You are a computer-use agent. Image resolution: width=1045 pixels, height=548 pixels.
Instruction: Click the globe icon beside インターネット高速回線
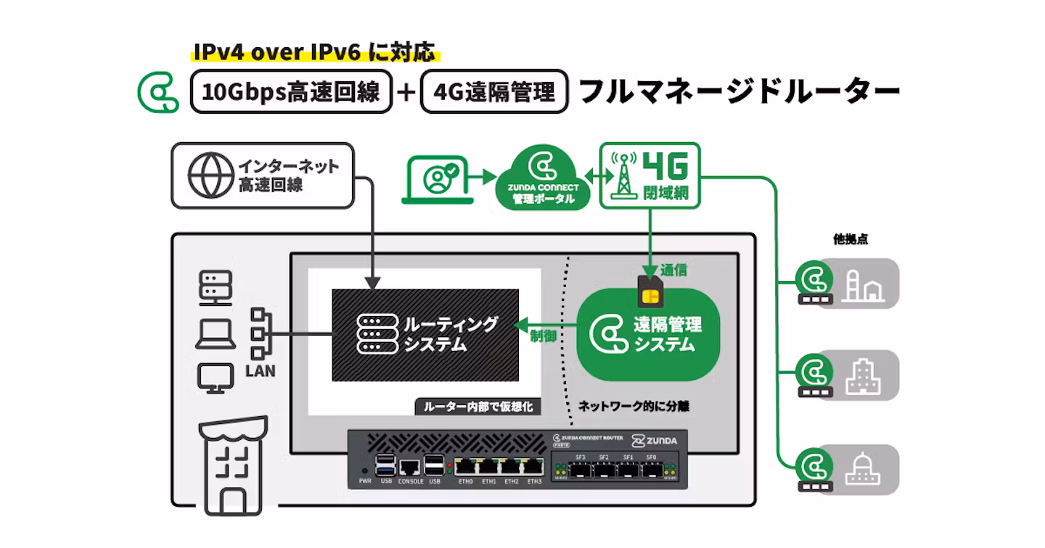pyautogui.click(x=211, y=175)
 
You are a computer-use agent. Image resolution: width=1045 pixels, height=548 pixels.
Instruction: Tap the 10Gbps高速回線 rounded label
pyautogui.click(x=291, y=92)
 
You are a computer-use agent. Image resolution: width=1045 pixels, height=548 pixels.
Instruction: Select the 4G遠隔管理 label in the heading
pyautogui.click(x=494, y=92)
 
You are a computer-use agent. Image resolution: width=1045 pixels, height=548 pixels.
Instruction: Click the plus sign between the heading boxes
pyautogui.click(x=406, y=92)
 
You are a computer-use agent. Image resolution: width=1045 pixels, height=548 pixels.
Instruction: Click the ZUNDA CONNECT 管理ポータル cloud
pyautogui.click(x=538, y=178)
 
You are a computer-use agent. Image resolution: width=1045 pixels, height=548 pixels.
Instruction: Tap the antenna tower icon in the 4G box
pyautogui.click(x=623, y=176)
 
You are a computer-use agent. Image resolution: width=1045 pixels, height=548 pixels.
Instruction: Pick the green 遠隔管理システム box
pyautogui.click(x=648, y=335)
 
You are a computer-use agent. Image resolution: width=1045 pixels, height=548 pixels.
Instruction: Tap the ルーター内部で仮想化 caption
pyautogui.click(x=478, y=407)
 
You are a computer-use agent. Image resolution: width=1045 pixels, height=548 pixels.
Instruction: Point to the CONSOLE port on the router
pyautogui.click(x=411, y=468)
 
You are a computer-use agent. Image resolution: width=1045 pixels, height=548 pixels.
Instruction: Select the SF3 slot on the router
pyautogui.click(x=580, y=469)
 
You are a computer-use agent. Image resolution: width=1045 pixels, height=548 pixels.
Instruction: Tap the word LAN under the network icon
pyautogui.click(x=261, y=371)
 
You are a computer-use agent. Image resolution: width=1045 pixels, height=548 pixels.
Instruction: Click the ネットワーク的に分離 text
pyautogui.click(x=634, y=407)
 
